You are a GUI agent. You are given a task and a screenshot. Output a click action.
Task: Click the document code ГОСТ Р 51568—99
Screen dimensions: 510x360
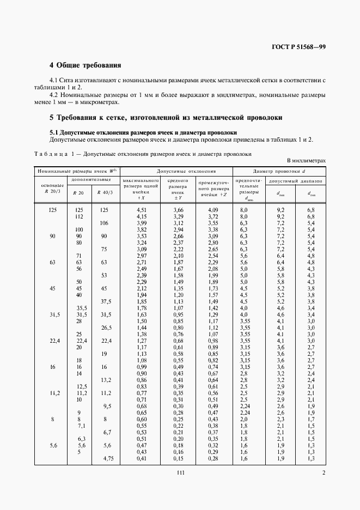point(299,47)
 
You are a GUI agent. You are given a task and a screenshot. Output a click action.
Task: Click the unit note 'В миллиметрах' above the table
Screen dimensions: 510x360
point(306,161)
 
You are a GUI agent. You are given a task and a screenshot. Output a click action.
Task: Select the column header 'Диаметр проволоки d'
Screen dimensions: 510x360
point(279,171)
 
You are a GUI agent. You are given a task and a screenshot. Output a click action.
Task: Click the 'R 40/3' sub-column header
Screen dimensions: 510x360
point(105,192)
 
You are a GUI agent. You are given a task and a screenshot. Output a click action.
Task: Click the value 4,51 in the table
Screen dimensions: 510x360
point(142,210)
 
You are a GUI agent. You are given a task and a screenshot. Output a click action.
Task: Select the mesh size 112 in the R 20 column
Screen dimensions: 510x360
point(79,216)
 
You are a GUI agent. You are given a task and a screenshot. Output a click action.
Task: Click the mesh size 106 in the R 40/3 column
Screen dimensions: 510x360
point(105,223)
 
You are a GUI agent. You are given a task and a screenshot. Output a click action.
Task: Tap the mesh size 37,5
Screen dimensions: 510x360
point(105,301)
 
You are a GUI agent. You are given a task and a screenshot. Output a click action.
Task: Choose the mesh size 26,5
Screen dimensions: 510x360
point(105,327)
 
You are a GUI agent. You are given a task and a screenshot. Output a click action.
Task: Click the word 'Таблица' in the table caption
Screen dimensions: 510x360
point(51,154)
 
